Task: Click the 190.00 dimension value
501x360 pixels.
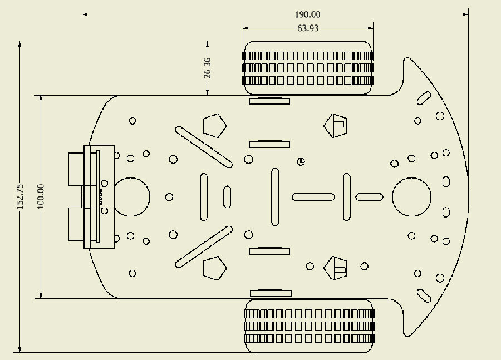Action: click(307, 14)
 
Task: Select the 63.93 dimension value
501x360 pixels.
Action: click(308, 28)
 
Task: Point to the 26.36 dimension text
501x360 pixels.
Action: click(208, 68)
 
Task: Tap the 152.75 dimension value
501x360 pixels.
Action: click(20, 196)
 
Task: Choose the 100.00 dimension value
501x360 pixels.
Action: click(41, 196)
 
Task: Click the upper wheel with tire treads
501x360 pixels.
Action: click(308, 68)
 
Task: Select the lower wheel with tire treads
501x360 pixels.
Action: click(309, 326)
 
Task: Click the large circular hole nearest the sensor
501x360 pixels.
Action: click(131, 197)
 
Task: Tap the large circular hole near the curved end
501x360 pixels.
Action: click(411, 197)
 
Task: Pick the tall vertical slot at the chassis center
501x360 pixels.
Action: click(275, 197)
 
